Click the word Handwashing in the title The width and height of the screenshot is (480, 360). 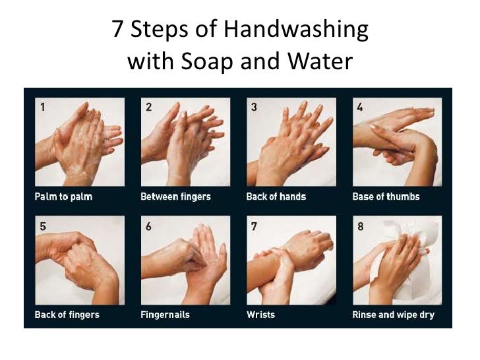[296, 30]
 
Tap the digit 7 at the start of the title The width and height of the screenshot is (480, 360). [117, 29]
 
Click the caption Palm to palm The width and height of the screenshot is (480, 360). [63, 196]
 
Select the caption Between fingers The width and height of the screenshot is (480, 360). [175, 196]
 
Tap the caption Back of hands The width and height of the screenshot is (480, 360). [276, 196]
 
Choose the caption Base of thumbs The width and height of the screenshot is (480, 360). [386, 196]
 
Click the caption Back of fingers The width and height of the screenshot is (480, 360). [67, 315]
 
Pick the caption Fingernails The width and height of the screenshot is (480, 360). [165, 315]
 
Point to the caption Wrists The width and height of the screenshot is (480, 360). [261, 315]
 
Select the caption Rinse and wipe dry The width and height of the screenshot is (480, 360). [394, 315]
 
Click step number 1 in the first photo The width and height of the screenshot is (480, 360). [43, 107]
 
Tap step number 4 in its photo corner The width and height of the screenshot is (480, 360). [360, 107]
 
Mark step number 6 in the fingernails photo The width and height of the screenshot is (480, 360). [148, 227]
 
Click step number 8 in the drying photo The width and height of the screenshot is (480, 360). [361, 227]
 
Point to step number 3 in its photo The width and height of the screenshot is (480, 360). [254, 107]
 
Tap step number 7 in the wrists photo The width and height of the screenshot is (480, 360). [254, 227]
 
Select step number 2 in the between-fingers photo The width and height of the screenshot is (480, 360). [148, 107]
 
